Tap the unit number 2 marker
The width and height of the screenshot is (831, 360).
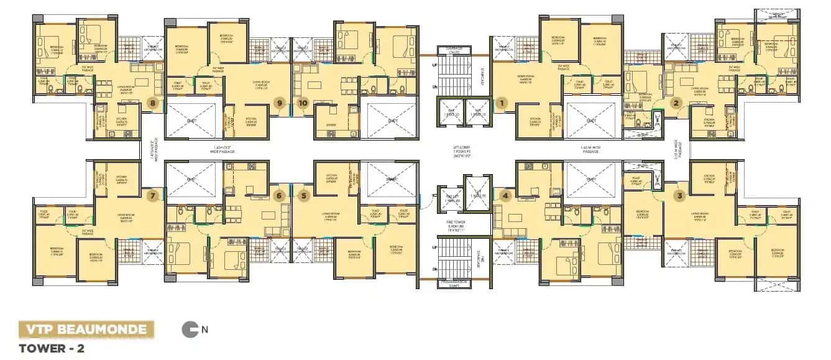click(677, 103)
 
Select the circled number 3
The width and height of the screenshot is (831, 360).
click(679, 196)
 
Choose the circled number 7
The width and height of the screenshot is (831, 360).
click(153, 196)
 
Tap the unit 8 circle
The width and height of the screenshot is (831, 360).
click(153, 103)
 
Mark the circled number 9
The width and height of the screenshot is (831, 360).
click(280, 103)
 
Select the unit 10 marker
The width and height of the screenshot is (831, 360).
click(303, 103)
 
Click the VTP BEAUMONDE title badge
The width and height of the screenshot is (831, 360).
click(86, 329)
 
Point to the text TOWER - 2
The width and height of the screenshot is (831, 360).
click(52, 348)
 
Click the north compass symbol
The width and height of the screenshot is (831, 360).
click(189, 330)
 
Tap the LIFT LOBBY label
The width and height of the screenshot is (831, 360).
click(461, 150)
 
